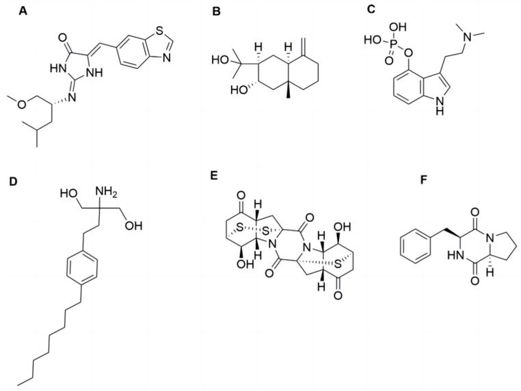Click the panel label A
click(x=23, y=11)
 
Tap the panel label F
click(x=423, y=180)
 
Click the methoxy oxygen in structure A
click(x=22, y=105)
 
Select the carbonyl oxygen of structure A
click(x=62, y=38)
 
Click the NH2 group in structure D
click(x=107, y=192)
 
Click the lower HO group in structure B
click(x=239, y=90)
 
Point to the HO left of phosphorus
click(x=372, y=40)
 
